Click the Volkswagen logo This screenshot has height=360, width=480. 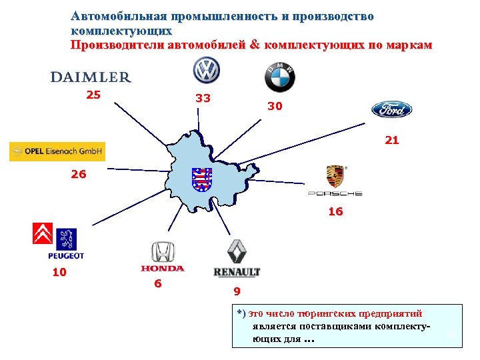[x=205, y=69]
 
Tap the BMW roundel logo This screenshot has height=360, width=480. [x=280, y=77]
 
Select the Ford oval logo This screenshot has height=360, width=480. [x=392, y=109]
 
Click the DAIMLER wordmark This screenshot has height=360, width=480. [x=91, y=77]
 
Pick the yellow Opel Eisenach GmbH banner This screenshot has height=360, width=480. [x=57, y=152]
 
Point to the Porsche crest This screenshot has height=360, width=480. [x=335, y=177]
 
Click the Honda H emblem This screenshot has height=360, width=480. [x=162, y=252]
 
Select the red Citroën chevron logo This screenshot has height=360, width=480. [x=43, y=234]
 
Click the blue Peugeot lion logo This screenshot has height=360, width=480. [x=66, y=239]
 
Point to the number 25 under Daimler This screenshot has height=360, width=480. [x=93, y=95]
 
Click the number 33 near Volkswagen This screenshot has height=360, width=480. [x=203, y=99]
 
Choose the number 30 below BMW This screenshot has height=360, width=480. [x=275, y=106]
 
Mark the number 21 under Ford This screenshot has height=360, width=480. [x=391, y=140]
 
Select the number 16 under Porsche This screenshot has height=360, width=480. [x=335, y=211]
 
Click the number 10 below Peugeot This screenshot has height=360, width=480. [x=59, y=272]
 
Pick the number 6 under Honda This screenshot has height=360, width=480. [x=157, y=283]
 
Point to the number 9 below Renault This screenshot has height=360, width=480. [x=237, y=291]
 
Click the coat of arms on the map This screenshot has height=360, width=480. [x=201, y=179]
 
